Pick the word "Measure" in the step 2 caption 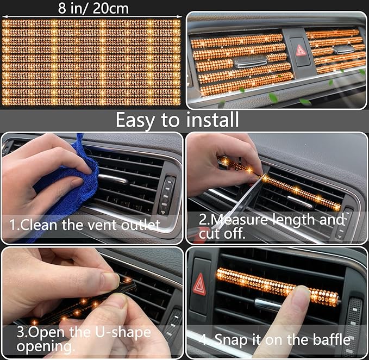pyautogui.click(x=245, y=220)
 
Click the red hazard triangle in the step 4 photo pyautogui.click(x=200, y=283)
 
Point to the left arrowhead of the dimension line pyautogui.click(x=4, y=15)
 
